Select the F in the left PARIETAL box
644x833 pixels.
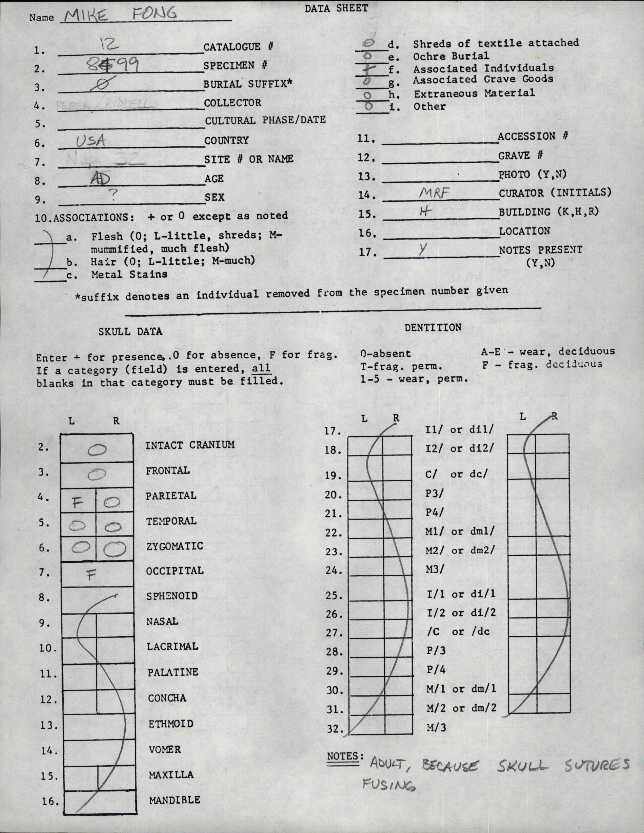pyautogui.click(x=77, y=503)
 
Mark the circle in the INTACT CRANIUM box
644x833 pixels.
pyautogui.click(x=97, y=450)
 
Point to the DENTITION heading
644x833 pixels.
pyautogui.click(x=433, y=327)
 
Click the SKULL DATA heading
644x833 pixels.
pyautogui.click(x=130, y=331)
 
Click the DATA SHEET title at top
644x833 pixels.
pyautogui.click(x=336, y=8)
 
